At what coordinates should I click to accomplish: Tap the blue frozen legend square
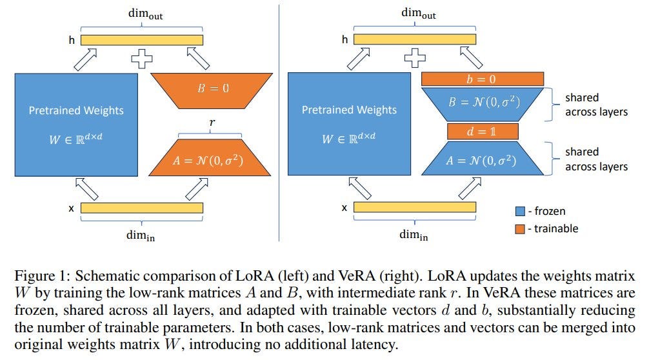pos(520,211)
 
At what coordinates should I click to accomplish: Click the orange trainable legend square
pos(520,228)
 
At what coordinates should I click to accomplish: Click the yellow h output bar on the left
pos(141,40)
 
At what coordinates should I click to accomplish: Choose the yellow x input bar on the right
pos(415,208)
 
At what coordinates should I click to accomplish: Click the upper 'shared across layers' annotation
pos(595,105)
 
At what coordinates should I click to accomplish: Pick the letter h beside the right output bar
pos(344,40)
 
